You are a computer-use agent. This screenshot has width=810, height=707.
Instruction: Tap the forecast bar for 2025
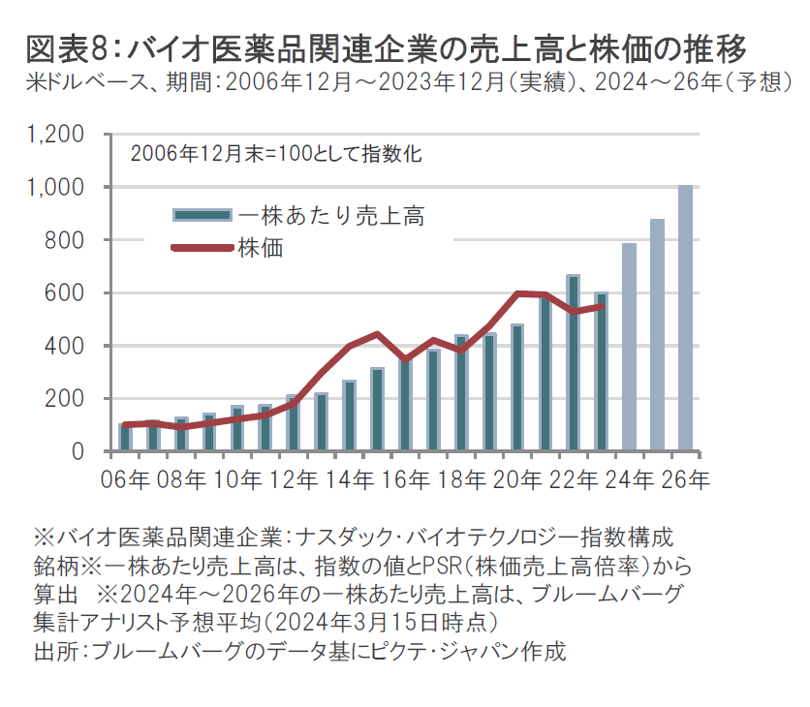[657, 335]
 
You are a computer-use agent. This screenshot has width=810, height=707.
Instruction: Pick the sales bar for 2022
[573, 363]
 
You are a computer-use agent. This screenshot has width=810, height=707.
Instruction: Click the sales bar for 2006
[125, 438]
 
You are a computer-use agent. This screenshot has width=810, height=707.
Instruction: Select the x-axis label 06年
[123, 478]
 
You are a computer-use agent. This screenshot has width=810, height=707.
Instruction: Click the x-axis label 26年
[685, 478]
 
